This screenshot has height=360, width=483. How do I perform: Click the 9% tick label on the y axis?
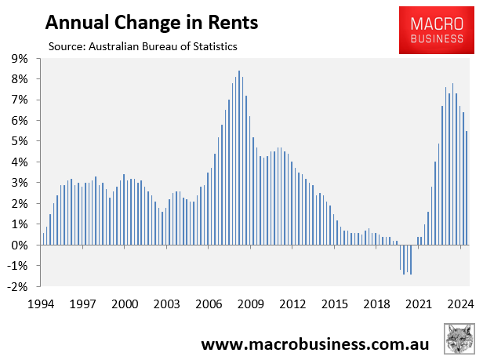pos(17,59)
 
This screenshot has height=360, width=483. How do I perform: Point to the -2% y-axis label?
pos(16,287)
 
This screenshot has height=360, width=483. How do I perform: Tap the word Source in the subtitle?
pos(66,46)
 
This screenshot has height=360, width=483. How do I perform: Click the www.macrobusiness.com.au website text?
pos(314,344)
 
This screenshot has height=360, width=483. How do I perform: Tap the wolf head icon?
pos(459,340)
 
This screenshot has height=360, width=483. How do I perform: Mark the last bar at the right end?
pos(467,187)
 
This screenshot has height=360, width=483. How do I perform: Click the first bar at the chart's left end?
pos(43,238)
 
